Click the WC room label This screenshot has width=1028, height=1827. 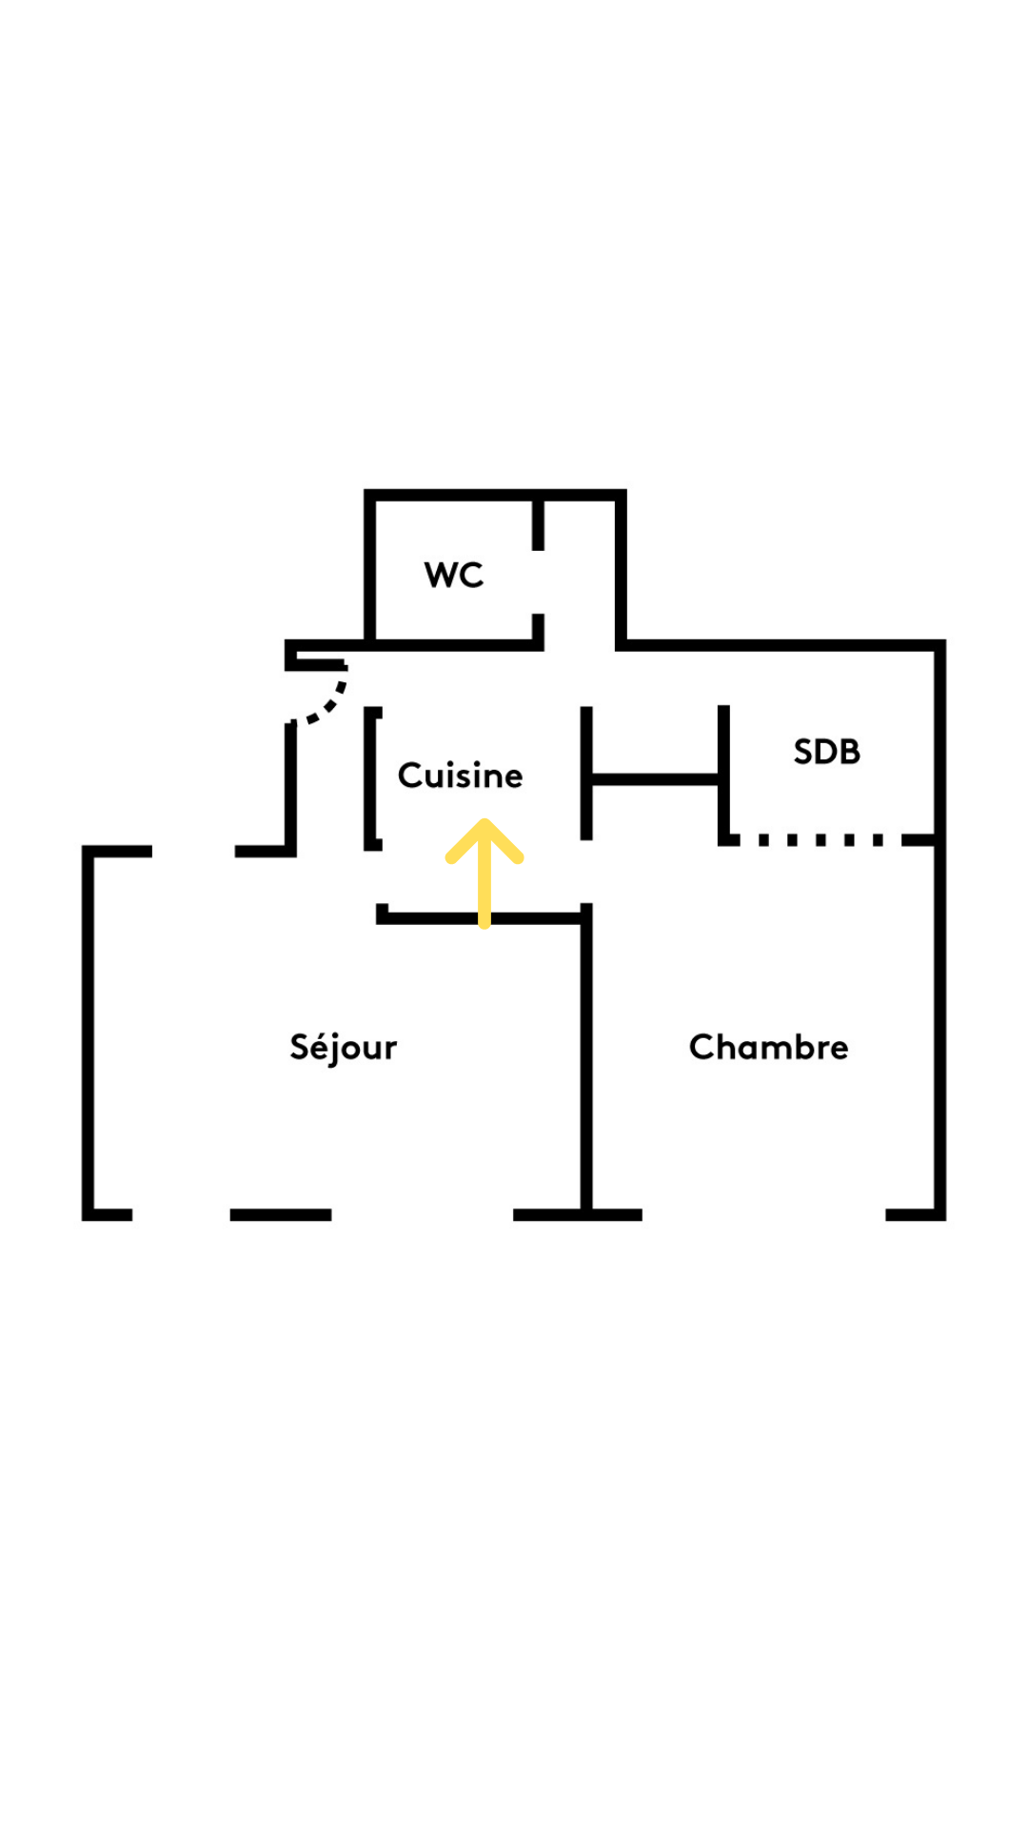click(454, 575)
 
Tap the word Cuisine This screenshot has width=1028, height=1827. click(460, 776)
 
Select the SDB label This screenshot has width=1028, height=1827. click(826, 752)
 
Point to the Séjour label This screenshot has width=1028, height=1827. click(343, 1047)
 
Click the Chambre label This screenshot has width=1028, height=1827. click(768, 1047)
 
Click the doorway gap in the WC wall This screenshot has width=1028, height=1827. click(538, 582)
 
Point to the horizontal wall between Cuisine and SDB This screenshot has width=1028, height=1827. click(655, 779)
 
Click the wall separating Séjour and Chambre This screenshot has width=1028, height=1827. click(586, 1056)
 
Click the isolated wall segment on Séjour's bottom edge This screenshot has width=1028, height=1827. click(281, 1214)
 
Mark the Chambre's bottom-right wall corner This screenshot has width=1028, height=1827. click(939, 1213)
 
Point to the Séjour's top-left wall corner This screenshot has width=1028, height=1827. click(89, 851)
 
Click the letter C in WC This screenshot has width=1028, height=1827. click(471, 575)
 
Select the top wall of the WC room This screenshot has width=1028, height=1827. click(495, 495)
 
